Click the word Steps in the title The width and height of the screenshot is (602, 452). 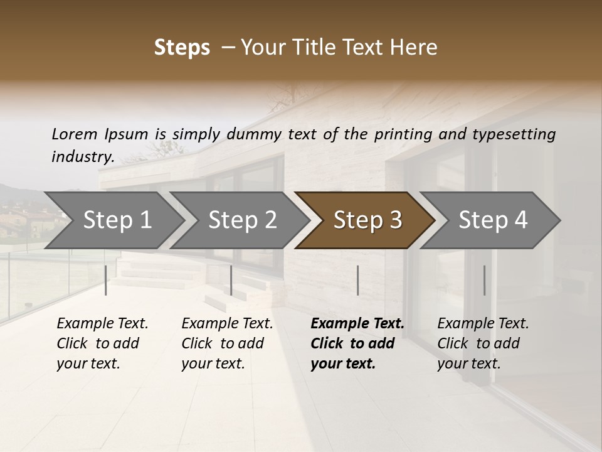tap(182, 48)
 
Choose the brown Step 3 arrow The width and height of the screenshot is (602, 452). tap(367, 220)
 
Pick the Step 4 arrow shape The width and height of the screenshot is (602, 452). tap(493, 220)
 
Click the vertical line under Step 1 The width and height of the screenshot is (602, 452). tap(106, 280)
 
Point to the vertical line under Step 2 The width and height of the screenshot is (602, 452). tap(231, 280)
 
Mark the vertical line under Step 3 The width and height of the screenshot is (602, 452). tap(357, 280)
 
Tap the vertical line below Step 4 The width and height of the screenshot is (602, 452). tap(484, 280)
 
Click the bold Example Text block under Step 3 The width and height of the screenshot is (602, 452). tap(357, 343)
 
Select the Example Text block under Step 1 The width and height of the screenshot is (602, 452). tap(102, 343)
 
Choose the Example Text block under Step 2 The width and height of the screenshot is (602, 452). tap(227, 343)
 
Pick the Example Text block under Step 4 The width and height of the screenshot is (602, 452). tap(483, 343)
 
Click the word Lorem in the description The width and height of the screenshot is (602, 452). tap(75, 134)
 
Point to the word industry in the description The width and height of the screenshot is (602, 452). tap(82, 157)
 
